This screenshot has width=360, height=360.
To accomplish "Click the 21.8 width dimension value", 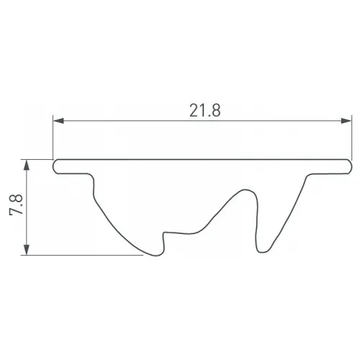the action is (204, 110).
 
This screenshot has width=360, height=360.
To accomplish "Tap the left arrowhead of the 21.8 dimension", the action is (58, 121).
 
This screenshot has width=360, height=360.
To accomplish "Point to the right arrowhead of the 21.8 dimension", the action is (346, 121).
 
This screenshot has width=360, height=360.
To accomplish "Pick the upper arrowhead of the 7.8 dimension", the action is (27, 165).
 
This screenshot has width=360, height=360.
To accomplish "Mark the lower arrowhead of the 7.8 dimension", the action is (27, 250).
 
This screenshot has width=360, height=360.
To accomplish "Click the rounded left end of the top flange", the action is (55, 166).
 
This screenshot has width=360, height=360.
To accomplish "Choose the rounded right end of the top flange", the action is (350, 166).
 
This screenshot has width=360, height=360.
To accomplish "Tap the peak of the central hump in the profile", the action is (246, 190).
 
